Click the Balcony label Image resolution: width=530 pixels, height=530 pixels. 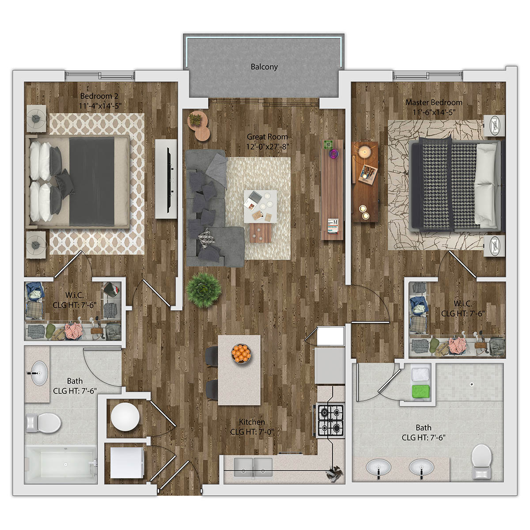pos(264,67)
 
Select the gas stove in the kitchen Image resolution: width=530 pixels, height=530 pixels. pos(330,420)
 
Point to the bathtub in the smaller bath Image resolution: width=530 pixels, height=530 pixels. pos(61,464)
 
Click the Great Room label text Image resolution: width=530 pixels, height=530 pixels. pos(267,137)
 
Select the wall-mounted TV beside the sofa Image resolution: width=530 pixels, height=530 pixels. pos(167,178)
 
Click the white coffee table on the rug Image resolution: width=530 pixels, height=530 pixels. pos(261,206)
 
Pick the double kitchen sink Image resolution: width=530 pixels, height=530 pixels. pos(253,466)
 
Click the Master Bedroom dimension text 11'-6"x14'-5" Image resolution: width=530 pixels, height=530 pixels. pos(433,112)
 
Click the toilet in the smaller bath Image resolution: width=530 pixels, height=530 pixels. pos(43,423)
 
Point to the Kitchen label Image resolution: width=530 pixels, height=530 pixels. pos(252,422)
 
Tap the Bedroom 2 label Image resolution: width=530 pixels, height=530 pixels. pos(99,96)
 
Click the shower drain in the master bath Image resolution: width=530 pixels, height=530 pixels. pos(472,384)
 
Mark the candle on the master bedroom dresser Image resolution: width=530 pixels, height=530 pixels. pos(365,152)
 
